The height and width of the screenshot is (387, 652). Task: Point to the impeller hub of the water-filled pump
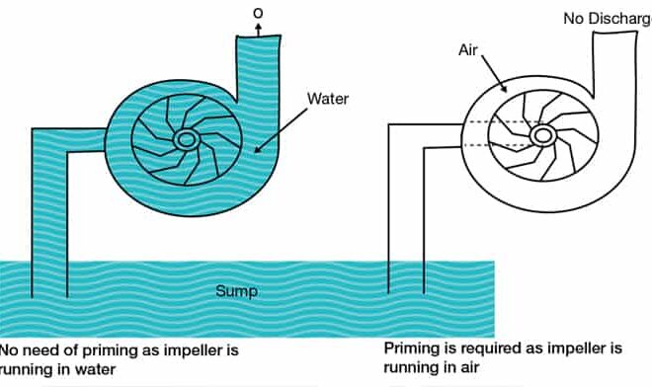[x=185, y=141]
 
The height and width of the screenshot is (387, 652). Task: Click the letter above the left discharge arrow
[x=258, y=12]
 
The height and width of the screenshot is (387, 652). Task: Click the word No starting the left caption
[x=9, y=350]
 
